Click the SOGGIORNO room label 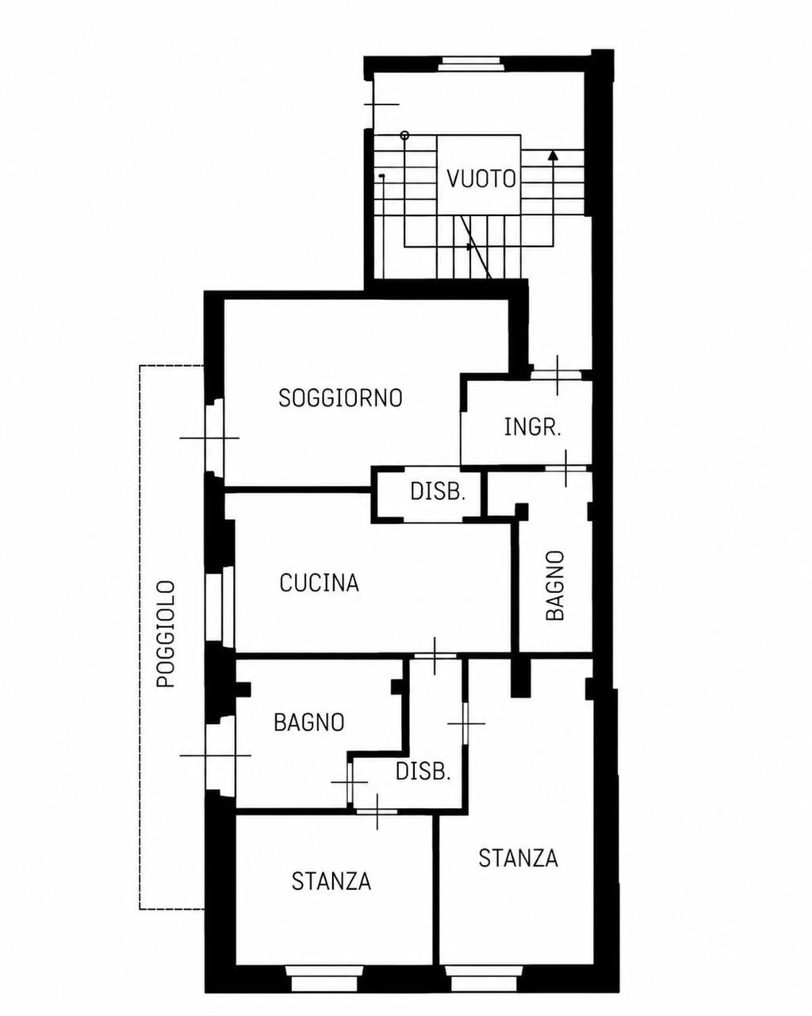point(340,398)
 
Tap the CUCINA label point(319,583)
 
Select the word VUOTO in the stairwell point(481,179)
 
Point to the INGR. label point(533,427)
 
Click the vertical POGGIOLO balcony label point(166,633)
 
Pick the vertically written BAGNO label point(555,585)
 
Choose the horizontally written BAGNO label point(309,722)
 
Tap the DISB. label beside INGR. point(438,492)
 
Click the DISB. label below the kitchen point(423,772)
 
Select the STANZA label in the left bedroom point(331,881)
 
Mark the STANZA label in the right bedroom point(518,858)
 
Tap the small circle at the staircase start point(404,136)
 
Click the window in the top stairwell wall point(469,63)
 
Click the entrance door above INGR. point(557,375)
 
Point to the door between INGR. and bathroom point(565,468)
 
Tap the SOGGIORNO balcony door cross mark point(209,437)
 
